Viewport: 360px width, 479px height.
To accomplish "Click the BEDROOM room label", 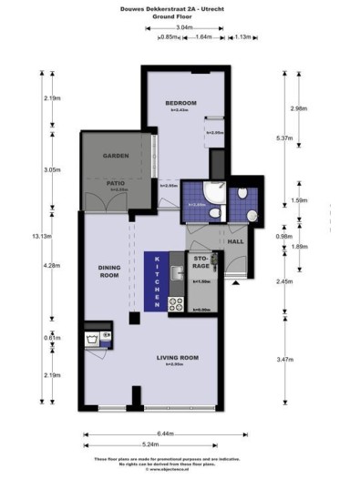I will coord(180,103).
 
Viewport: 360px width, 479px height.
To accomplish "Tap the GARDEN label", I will coord(113,156).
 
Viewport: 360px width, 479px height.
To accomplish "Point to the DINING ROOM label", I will coord(109,270).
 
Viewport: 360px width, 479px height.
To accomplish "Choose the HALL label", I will coord(234,242).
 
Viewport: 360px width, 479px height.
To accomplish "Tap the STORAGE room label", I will coord(201,263).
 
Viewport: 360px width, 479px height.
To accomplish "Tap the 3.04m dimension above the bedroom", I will coord(183,28).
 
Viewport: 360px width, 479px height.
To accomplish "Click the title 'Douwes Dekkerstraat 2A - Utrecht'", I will coord(180,7).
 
